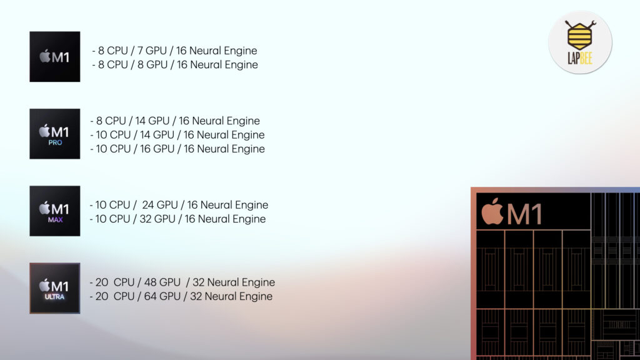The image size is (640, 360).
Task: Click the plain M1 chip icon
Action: [x=55, y=57]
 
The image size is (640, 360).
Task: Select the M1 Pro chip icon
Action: [x=55, y=134]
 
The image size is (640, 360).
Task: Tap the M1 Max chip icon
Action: [x=55, y=211]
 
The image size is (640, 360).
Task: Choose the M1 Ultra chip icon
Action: [x=55, y=288]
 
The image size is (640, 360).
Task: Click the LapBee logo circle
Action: [x=580, y=42]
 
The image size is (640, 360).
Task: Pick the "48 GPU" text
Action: [x=162, y=282]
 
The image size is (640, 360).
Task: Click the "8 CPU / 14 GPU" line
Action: [x=175, y=121]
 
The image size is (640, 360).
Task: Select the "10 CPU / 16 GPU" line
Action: [x=177, y=149]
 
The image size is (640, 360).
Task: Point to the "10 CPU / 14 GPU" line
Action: [x=177, y=135]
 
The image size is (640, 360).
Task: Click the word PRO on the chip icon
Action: [x=55, y=142]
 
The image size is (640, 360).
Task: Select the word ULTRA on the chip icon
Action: [x=55, y=297]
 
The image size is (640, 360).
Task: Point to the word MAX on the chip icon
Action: [x=55, y=219]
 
